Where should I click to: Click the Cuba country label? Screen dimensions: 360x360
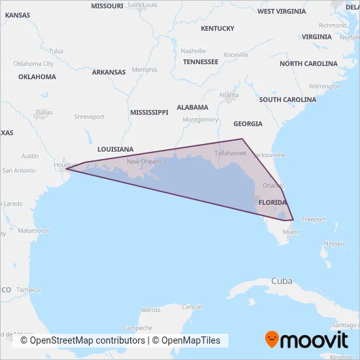(x=281, y=281)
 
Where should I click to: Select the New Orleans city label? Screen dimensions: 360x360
(x=144, y=162)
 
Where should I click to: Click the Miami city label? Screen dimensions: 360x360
(x=291, y=232)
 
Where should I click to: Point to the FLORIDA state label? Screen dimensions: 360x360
(x=273, y=203)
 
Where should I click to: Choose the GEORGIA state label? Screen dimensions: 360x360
(x=247, y=124)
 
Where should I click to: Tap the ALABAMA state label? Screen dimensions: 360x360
(x=192, y=107)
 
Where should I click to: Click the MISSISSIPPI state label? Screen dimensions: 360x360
(x=149, y=113)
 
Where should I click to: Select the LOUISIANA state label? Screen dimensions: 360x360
(x=115, y=149)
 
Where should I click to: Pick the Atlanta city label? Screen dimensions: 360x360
(x=229, y=95)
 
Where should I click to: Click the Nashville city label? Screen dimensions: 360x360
(x=193, y=51)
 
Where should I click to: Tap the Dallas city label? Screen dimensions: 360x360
(x=45, y=112)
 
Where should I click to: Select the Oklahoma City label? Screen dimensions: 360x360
(x=34, y=64)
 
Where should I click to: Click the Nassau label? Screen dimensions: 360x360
(x=333, y=243)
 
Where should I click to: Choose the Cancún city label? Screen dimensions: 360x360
(x=192, y=306)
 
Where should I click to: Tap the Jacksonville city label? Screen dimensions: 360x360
(x=268, y=155)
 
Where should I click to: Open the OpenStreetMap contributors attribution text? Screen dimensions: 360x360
(x=82, y=340)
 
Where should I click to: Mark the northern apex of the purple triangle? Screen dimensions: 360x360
(x=243, y=138)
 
